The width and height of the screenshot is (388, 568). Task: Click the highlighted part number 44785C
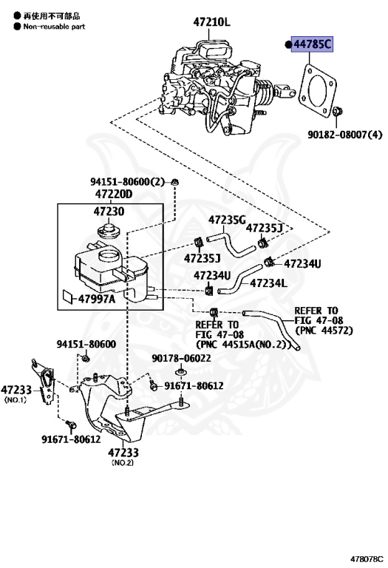(x=312, y=44)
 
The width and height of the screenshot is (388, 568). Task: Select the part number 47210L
(x=211, y=22)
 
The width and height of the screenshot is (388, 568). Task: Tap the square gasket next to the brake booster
(x=317, y=90)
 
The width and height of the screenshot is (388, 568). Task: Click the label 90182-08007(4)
(x=345, y=135)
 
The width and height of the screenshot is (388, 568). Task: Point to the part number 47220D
(x=114, y=195)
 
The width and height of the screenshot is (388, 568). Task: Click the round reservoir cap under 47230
(x=109, y=231)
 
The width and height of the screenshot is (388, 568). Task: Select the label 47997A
(x=97, y=299)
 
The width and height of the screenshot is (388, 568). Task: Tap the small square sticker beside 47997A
(x=68, y=296)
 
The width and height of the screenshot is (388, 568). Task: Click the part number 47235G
(x=227, y=220)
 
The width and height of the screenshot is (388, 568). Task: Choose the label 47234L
(x=268, y=283)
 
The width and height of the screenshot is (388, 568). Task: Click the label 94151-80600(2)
(x=127, y=181)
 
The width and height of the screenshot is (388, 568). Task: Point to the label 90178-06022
(x=181, y=358)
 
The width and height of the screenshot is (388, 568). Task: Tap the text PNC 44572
(x=324, y=331)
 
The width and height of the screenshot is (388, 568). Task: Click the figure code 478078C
(x=367, y=559)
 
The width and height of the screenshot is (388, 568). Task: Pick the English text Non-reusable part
(x=54, y=27)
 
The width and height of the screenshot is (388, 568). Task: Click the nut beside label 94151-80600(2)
(x=175, y=182)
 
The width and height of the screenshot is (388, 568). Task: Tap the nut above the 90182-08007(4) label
(x=337, y=111)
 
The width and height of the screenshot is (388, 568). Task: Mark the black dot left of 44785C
(x=288, y=44)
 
